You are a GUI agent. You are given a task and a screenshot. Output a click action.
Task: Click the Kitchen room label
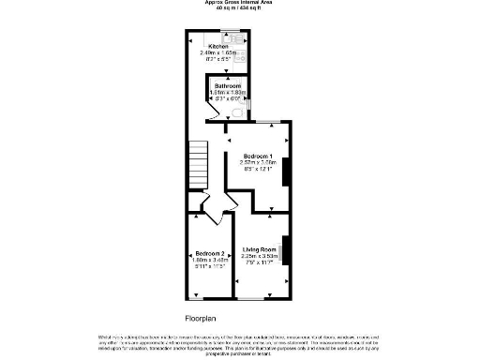(x=217, y=46)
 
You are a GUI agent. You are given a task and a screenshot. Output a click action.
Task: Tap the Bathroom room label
(x=227, y=85)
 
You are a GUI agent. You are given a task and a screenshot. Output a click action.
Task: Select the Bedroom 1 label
(x=257, y=156)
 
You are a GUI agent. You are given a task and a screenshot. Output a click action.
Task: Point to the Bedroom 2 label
(x=210, y=253)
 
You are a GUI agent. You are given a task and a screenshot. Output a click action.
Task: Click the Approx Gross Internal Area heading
(x=239, y=3)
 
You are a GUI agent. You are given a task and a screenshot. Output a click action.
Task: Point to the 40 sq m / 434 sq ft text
(x=239, y=9)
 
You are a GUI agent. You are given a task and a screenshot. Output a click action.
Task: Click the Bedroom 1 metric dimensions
(x=257, y=162)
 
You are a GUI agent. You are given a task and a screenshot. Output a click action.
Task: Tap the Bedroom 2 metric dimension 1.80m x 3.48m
(x=210, y=260)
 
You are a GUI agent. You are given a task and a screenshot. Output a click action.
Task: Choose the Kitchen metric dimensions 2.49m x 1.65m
(x=217, y=53)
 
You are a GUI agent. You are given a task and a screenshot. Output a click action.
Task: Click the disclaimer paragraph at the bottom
(x=239, y=344)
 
